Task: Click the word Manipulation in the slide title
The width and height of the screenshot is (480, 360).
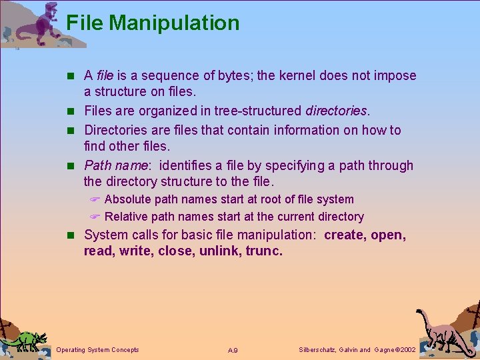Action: coord(174,23)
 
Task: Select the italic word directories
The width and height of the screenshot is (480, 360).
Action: coord(336,111)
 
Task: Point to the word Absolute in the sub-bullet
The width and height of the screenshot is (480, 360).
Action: coord(128,199)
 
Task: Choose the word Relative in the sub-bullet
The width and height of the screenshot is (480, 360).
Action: coord(127,217)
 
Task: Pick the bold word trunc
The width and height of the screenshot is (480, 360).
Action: coord(264,251)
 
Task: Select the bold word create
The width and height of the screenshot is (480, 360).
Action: coord(345,235)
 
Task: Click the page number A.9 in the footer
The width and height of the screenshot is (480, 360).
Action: coord(233,351)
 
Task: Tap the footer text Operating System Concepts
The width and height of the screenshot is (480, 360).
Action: coord(98,350)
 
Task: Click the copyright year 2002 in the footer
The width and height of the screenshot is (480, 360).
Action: coord(406,350)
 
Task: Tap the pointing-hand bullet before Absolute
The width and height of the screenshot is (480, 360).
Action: coord(95,199)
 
